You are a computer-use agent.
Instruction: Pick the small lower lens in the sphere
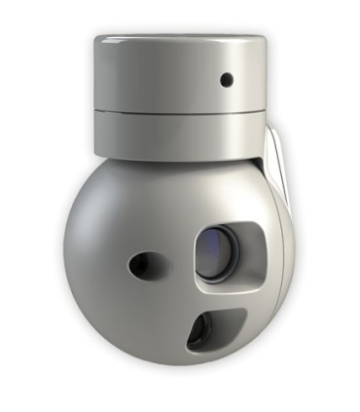tap(198, 331)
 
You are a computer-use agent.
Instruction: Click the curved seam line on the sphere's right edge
tap(288, 234)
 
